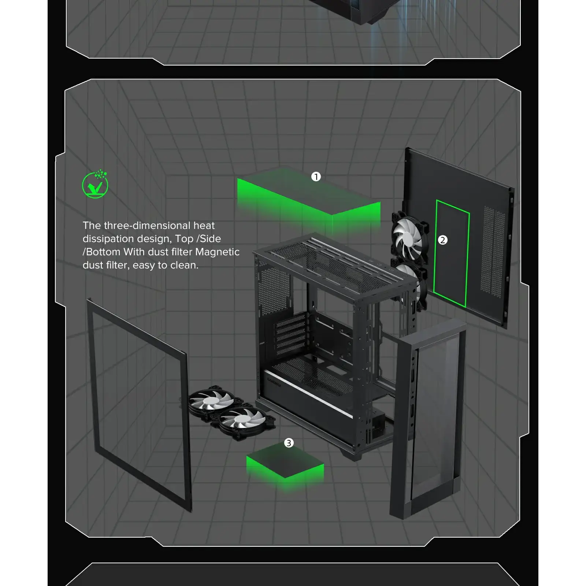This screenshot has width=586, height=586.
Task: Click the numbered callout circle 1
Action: [316, 177]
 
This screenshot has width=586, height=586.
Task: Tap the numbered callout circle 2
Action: [443, 240]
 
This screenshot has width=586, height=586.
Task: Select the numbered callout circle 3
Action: [289, 443]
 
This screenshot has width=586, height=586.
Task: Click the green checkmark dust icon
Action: [95, 184]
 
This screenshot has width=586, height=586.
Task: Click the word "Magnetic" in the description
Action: [217, 252]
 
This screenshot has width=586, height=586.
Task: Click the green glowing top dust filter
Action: [309, 198]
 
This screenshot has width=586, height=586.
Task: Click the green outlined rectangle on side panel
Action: [451, 253]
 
